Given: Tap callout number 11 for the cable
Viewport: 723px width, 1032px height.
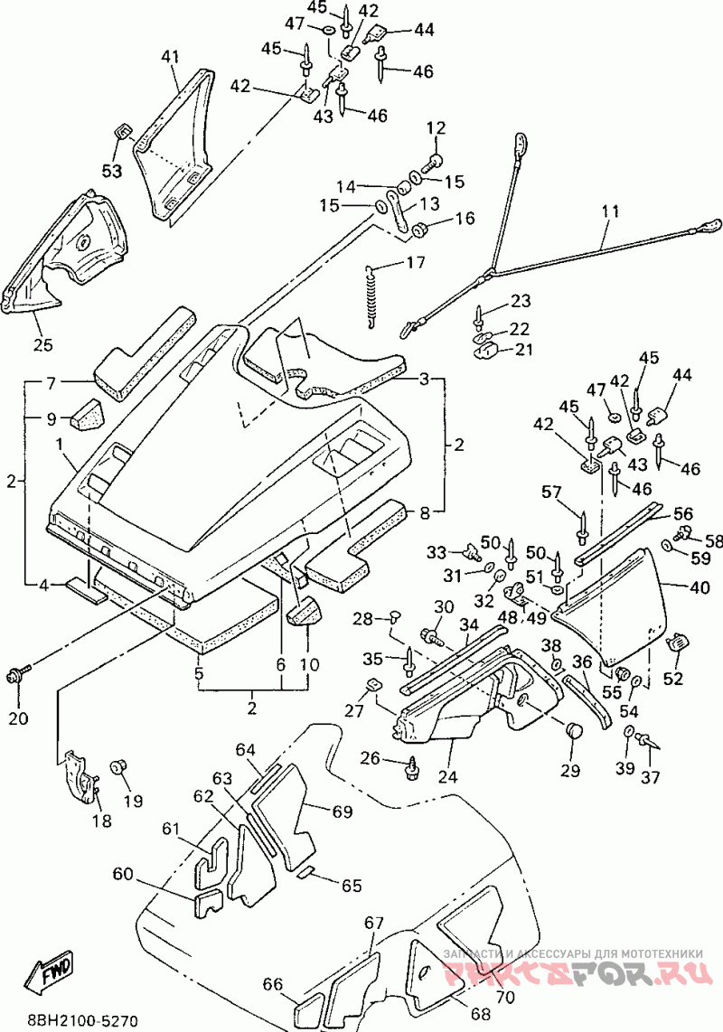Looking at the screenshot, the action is pyautogui.click(x=610, y=211).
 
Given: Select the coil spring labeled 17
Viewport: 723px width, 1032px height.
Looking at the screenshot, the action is pyautogui.click(x=373, y=295).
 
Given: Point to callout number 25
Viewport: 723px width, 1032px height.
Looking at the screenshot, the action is pyautogui.click(x=43, y=343).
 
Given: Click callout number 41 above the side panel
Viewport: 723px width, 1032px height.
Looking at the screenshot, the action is pyautogui.click(x=170, y=57).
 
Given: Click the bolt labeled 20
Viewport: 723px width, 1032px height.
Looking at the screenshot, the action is pyautogui.click(x=19, y=674).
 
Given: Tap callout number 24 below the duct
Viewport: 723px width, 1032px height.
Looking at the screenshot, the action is pyautogui.click(x=447, y=776).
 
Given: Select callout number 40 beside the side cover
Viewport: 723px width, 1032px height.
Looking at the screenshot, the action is pyautogui.click(x=700, y=586).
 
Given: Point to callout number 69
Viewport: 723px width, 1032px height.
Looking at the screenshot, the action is pyautogui.click(x=343, y=812).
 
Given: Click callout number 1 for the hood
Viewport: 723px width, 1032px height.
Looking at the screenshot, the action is pyautogui.click(x=61, y=444).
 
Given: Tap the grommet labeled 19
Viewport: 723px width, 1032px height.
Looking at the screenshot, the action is pyautogui.click(x=119, y=767).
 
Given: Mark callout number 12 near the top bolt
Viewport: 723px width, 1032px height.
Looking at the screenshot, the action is pyautogui.click(x=437, y=127).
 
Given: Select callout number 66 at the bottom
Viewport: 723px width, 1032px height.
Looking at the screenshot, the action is pyautogui.click(x=273, y=984).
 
